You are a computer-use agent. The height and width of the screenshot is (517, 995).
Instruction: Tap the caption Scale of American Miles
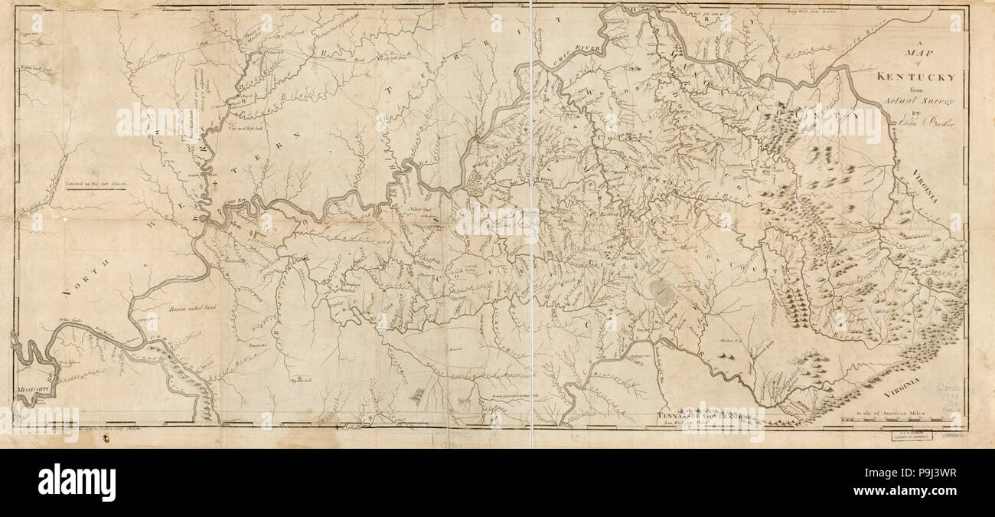click(x=892, y=411)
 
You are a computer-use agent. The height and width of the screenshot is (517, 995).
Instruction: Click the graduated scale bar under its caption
click(x=892, y=420)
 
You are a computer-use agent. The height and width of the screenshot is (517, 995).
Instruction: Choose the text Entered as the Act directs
click(x=99, y=185)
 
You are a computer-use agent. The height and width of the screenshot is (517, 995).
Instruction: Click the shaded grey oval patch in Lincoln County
click(x=661, y=290)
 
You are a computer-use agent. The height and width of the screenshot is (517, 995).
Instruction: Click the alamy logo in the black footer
click(x=77, y=483)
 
